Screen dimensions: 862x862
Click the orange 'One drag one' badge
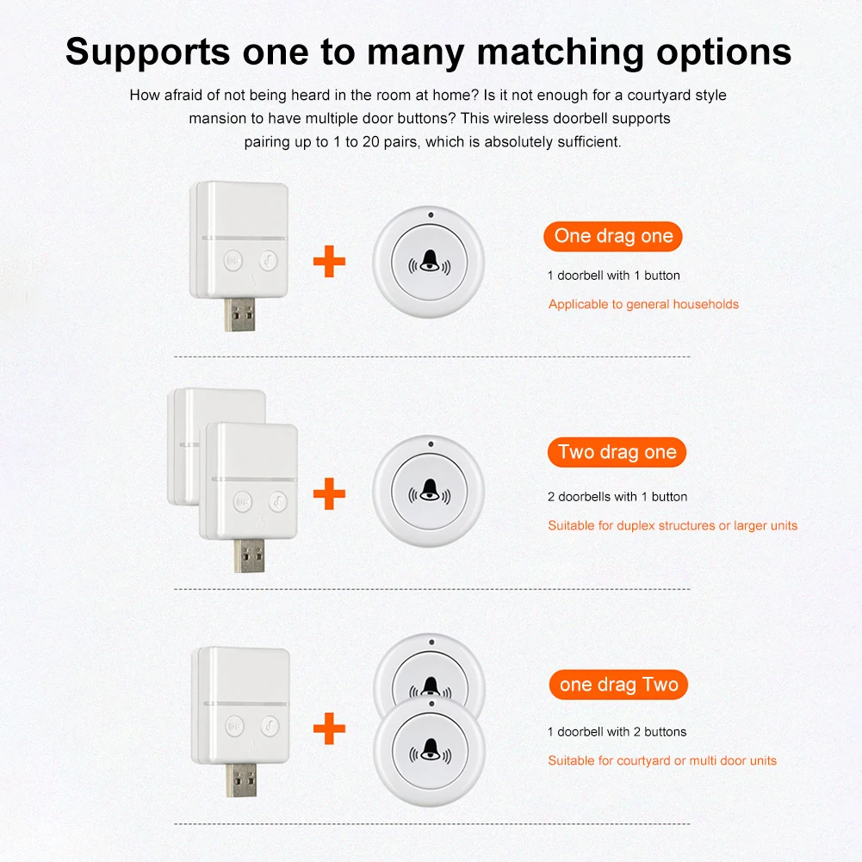613,236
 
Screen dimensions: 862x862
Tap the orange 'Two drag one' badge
617,452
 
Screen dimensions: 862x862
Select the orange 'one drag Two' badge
618,685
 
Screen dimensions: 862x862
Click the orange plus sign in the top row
329,262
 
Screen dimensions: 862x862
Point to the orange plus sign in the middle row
329,494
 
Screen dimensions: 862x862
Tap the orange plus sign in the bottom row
329,729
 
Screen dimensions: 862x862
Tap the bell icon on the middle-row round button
428,492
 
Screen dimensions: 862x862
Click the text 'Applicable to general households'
643,304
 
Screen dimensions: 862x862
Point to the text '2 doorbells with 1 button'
617,497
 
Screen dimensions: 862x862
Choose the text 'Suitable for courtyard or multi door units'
662,760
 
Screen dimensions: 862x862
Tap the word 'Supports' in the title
149,52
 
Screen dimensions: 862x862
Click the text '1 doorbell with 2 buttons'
617,732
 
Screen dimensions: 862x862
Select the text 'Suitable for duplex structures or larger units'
673,525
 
